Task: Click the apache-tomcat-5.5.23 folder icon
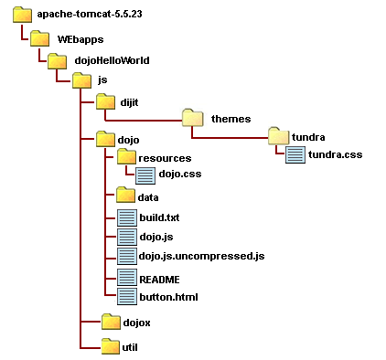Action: pos(22,15)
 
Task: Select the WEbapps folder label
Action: pos(80,39)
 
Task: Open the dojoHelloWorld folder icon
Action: pos(57,61)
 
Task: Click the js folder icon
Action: pos(81,80)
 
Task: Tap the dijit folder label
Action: pos(129,102)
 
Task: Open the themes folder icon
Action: pos(192,118)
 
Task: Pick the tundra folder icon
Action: pos(278,136)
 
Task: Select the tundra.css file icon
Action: pos(295,154)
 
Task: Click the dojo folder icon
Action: pos(105,139)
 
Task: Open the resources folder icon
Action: pos(126,156)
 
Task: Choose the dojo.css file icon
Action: pos(145,175)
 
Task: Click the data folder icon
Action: pos(125,195)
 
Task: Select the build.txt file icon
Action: pos(127,217)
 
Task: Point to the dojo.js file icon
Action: pos(127,237)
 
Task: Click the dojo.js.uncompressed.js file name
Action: pos(201,256)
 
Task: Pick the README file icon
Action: pos(127,277)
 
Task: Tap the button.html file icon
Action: pos(127,296)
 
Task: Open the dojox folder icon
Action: pos(111,322)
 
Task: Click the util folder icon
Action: pos(111,346)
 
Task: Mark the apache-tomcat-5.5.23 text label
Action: pos(90,14)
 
